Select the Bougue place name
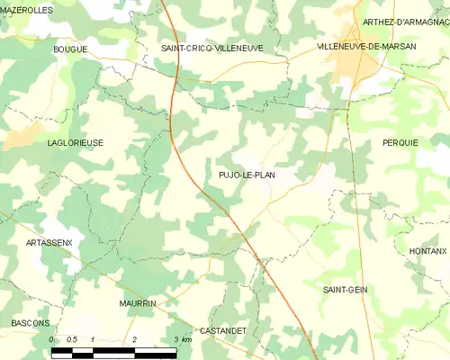[x=70, y=49]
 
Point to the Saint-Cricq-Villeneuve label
[x=211, y=48]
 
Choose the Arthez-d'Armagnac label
[x=405, y=22]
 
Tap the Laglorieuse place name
[x=75, y=142]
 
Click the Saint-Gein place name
[x=345, y=289]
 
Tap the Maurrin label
[x=138, y=303]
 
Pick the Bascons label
[x=31, y=322]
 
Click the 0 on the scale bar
[x=52, y=339]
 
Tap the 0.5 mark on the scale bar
[x=72, y=339]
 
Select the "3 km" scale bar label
[x=181, y=339]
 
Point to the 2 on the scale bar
[x=134, y=339]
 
